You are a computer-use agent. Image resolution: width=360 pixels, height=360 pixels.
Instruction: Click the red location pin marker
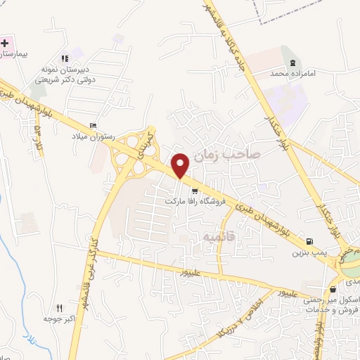coord(181,165)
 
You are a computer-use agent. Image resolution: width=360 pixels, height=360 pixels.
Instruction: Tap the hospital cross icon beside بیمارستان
coord(5,42)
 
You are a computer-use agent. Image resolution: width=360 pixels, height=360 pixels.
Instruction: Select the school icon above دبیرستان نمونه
coord(64,58)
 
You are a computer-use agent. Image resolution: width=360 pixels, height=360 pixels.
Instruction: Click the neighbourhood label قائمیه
coord(218,236)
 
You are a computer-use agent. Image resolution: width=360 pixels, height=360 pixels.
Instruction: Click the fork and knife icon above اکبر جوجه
coord(59,308)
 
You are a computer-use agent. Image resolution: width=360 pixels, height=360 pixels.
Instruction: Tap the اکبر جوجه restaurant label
coord(60,319)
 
